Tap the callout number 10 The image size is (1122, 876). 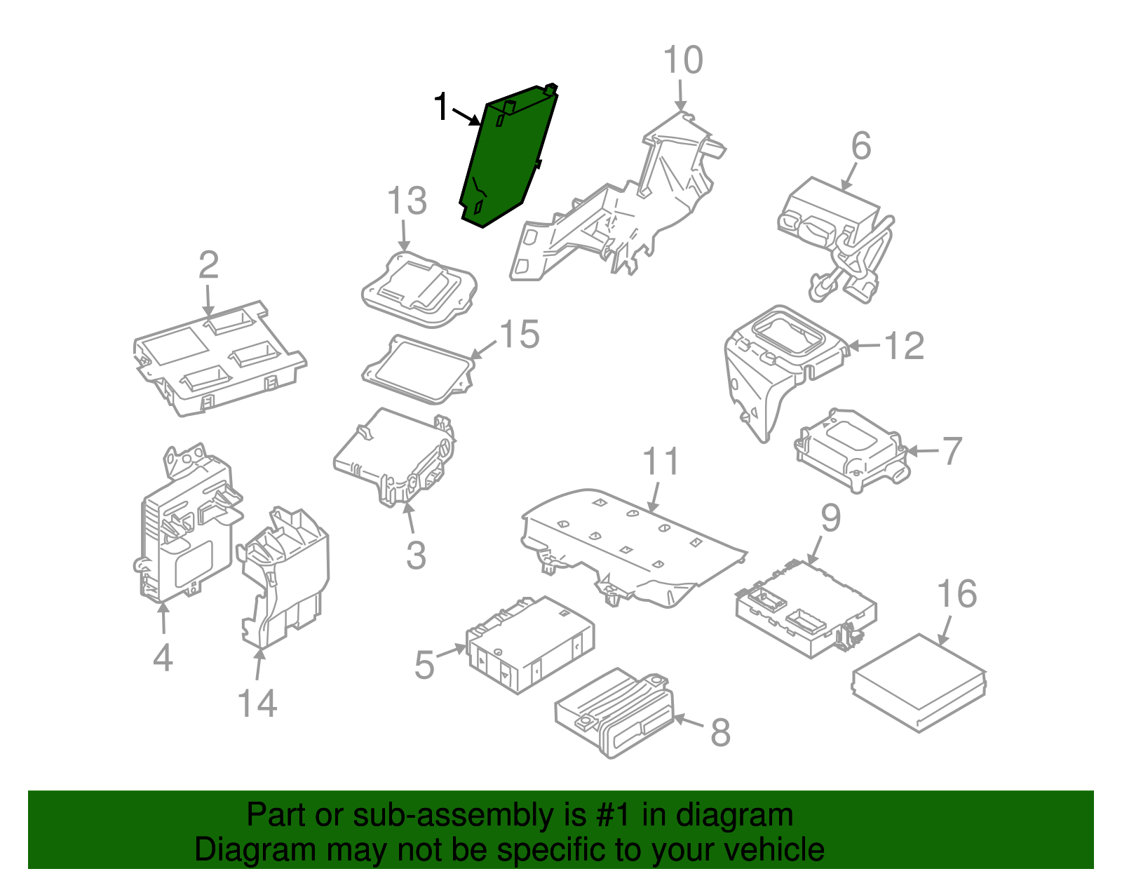pyautogui.click(x=682, y=60)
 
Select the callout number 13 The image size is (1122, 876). pyautogui.click(x=407, y=201)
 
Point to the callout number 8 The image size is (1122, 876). pyautogui.click(x=720, y=732)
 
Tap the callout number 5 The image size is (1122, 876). pyautogui.click(x=424, y=665)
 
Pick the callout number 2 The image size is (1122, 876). pyautogui.click(x=208, y=266)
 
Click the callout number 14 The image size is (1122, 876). pyautogui.click(x=257, y=703)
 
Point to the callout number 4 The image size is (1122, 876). pyautogui.click(x=162, y=658)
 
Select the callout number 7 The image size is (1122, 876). pyautogui.click(x=952, y=451)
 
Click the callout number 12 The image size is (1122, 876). pyautogui.click(x=904, y=346)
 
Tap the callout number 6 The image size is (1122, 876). pyautogui.click(x=860, y=147)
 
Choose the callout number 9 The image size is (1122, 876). pyautogui.click(x=830, y=518)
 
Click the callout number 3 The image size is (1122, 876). pyautogui.click(x=416, y=555)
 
